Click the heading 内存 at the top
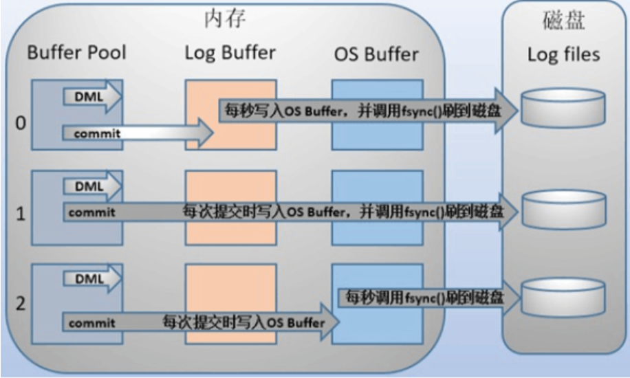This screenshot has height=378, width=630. pyautogui.click(x=225, y=19)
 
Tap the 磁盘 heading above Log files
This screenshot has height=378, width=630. pyautogui.click(x=564, y=20)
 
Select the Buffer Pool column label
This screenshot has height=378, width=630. pyautogui.click(x=77, y=52)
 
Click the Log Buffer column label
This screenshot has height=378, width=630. pyautogui.click(x=230, y=53)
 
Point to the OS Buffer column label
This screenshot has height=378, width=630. pyautogui.click(x=376, y=54)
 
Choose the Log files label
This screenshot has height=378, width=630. pyautogui.click(x=564, y=54)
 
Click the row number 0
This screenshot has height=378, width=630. pyautogui.click(x=21, y=122)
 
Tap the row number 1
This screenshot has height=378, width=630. pyautogui.click(x=21, y=213)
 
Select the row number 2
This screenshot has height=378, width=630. pyautogui.click(x=21, y=303)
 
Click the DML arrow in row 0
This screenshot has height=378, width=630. pyautogui.click(x=92, y=97)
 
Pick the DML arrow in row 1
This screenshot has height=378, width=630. pyautogui.click(x=92, y=186)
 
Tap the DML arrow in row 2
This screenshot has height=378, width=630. pyautogui.click(x=92, y=278)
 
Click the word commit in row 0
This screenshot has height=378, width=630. pyautogui.click(x=97, y=133)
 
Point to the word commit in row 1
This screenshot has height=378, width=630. pyautogui.click(x=92, y=212)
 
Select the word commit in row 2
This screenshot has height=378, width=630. pyautogui.click(x=92, y=322)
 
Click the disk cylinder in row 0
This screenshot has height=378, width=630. pyautogui.click(x=563, y=108)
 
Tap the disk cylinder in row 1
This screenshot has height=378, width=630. pyautogui.click(x=565, y=210)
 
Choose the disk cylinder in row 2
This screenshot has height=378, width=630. pyautogui.click(x=563, y=298)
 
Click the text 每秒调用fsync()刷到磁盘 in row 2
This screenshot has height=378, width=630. pyautogui.click(x=424, y=298)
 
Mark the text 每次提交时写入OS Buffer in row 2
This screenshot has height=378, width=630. pyautogui.click(x=243, y=322)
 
